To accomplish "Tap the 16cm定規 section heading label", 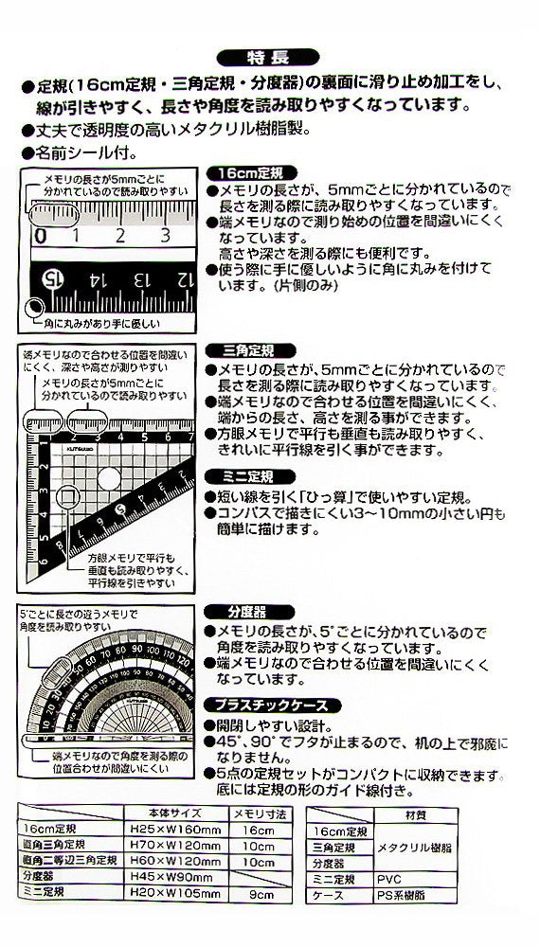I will click(x=250, y=173).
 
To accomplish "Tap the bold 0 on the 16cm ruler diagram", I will click(x=42, y=235).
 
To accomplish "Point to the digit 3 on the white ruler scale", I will click(x=166, y=235).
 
